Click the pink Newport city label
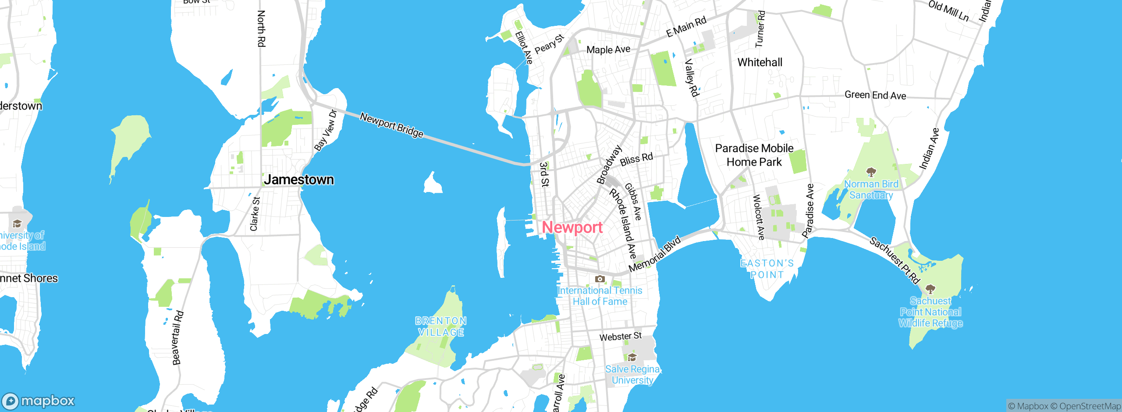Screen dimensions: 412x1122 [x=572, y=227]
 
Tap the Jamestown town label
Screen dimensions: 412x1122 [x=299, y=180]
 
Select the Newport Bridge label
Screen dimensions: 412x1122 [x=391, y=125]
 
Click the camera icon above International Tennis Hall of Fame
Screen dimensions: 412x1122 [x=600, y=279]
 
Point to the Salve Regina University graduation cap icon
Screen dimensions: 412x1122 [x=632, y=357]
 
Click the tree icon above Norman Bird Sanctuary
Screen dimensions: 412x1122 [x=871, y=171]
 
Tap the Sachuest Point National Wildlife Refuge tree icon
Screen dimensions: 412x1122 [x=930, y=289]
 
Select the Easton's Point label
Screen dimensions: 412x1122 [x=767, y=269]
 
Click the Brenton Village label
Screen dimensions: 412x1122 [x=441, y=327]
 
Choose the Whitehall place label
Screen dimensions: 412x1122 [x=760, y=63]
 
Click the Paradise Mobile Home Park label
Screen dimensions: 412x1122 [x=754, y=155]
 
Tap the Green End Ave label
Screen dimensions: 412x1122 [x=875, y=95]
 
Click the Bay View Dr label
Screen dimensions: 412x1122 [x=326, y=130]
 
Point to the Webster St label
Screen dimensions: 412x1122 [x=620, y=337]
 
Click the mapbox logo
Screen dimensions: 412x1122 [x=39, y=401]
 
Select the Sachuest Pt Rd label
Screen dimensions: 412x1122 [x=894, y=260]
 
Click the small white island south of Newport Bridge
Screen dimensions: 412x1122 [x=433, y=184]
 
